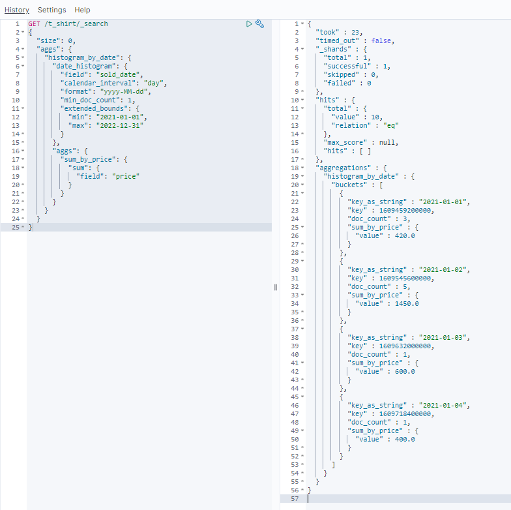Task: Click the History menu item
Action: tap(17, 10)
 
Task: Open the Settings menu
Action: tap(51, 10)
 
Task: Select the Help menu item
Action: tap(82, 10)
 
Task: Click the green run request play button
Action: tap(249, 23)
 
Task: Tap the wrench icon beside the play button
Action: tap(259, 23)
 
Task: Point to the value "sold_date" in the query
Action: tap(121, 74)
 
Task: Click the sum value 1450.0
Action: tap(407, 303)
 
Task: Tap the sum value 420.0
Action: tap(405, 235)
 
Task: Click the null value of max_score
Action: tap(389, 142)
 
